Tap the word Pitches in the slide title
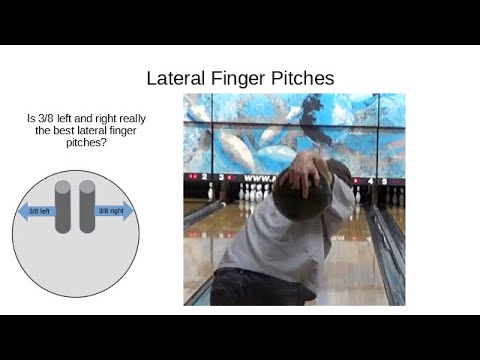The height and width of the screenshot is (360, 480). click(302, 77)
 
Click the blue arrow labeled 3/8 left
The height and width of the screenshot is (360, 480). click(36, 212)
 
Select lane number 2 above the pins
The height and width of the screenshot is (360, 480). click(206, 177)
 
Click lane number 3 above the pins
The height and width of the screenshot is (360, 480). click(219, 177)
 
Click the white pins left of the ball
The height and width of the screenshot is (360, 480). click(253, 190)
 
